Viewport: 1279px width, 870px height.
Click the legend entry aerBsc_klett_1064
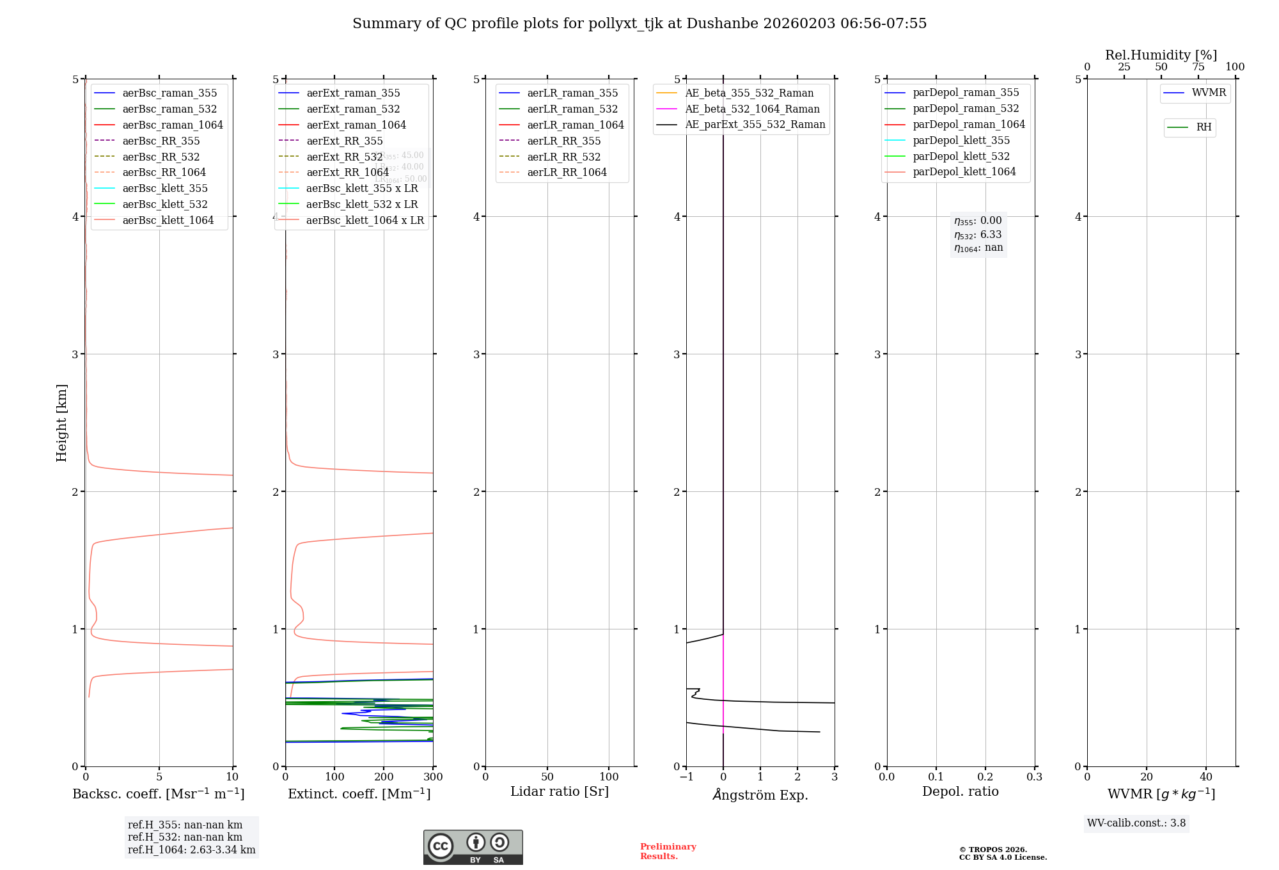coord(168,220)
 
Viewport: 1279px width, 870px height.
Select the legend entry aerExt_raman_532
coord(353,109)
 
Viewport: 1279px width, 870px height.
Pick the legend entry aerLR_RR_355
coord(563,141)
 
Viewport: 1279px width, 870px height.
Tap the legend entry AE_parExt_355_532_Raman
coord(755,124)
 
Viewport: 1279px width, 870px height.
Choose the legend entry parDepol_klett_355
coord(961,140)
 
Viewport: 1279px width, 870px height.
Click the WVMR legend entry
coord(1208,93)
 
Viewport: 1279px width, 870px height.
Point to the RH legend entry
coord(1204,127)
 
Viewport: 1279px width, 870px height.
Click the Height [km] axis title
coord(61,422)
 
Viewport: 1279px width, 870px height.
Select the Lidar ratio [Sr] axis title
coord(560,791)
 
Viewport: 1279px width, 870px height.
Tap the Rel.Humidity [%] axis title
coord(1161,55)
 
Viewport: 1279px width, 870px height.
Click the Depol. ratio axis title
coord(960,791)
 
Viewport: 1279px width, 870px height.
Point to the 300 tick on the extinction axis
coord(433,777)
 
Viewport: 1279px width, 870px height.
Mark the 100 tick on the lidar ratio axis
coord(609,777)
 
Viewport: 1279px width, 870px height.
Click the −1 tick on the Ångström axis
coord(686,777)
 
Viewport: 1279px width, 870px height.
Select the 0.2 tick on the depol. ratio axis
coord(985,777)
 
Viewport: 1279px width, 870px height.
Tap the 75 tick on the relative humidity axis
coord(1198,67)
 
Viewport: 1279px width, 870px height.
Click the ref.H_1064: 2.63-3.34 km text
coord(191,850)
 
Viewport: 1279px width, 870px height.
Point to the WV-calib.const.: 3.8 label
coord(1136,823)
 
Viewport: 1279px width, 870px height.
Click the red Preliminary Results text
coord(668,851)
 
